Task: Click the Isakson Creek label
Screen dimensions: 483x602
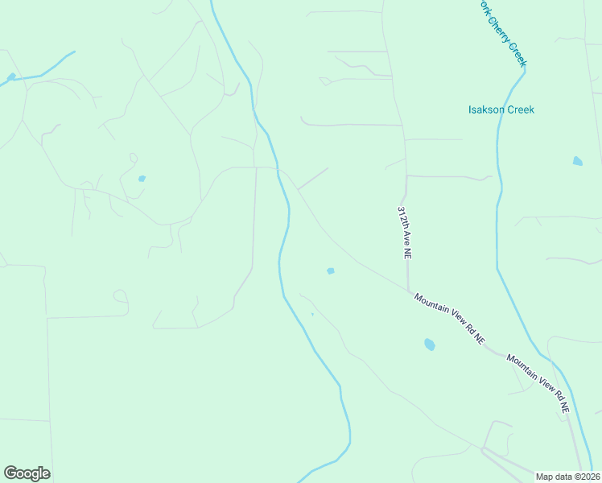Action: (x=501, y=109)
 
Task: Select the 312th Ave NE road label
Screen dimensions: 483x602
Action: (x=403, y=232)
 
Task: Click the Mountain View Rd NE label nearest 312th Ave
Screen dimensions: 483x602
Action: (x=450, y=320)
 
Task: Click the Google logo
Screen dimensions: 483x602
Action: (x=27, y=473)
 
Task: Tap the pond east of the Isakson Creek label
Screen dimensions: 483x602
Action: (x=577, y=161)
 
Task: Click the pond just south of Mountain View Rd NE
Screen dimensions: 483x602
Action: (x=429, y=345)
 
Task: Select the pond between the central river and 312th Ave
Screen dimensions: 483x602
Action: (x=330, y=270)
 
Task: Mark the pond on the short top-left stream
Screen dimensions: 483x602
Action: (x=10, y=77)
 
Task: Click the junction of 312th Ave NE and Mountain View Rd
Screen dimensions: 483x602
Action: (x=409, y=290)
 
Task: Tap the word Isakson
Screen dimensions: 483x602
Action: (x=486, y=109)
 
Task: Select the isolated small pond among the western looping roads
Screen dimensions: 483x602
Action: (x=142, y=178)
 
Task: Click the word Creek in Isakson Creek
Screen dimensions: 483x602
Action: (x=520, y=109)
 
